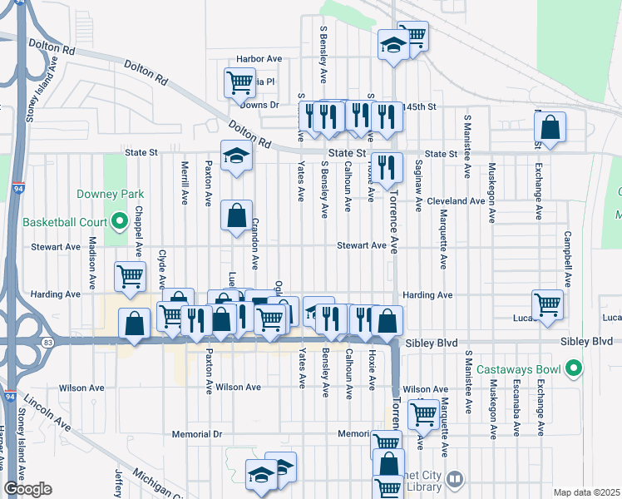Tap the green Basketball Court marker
point(119,223)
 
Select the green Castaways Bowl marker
point(573,368)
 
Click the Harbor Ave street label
point(259,59)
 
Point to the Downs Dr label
point(259,106)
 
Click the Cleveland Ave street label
point(456,201)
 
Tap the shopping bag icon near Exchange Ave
point(550,128)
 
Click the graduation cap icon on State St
point(236,156)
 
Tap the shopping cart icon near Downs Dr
point(239,83)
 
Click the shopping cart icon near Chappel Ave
point(130,277)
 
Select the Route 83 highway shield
point(49,342)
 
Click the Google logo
point(27,488)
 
